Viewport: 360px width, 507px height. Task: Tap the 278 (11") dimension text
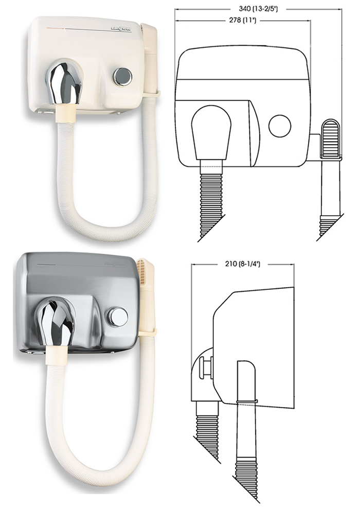242,21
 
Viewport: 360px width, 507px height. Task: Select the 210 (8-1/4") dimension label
242,264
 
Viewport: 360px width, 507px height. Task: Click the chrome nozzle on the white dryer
64,82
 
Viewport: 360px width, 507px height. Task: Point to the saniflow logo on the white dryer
121,29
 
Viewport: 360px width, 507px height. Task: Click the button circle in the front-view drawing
280,126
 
